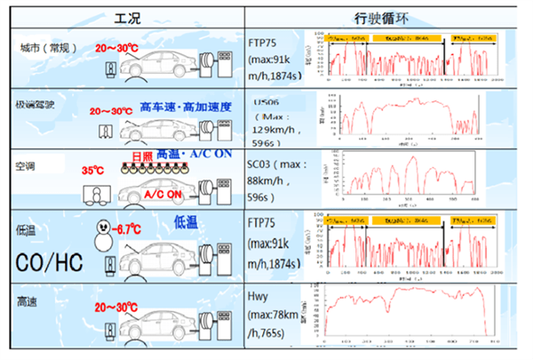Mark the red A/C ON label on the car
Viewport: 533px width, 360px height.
coord(163,193)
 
